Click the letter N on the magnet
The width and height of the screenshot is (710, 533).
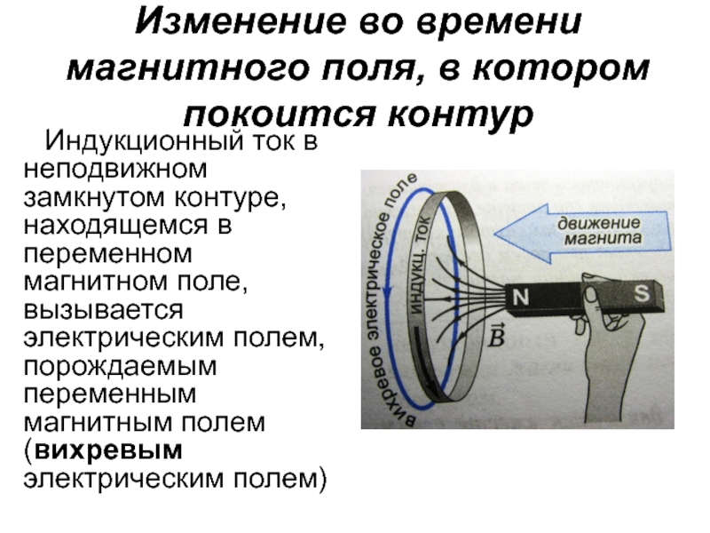pos(520,298)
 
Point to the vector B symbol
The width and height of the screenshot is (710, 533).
pos(496,336)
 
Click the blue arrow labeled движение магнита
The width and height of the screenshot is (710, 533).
pos(581,233)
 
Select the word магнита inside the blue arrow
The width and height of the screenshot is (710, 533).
pos(603,239)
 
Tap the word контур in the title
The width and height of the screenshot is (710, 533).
pos(461,114)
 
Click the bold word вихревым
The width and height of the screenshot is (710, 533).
pos(108,450)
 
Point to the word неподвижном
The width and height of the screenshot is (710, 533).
pos(115,170)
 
